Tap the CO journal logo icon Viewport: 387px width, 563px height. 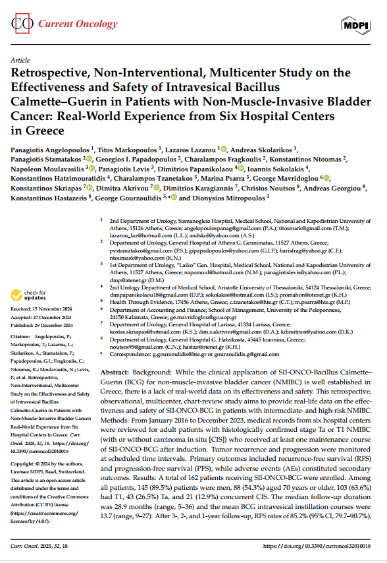pyautogui.click(x=24, y=24)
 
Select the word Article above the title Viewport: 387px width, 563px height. pyautogui.click(x=20, y=59)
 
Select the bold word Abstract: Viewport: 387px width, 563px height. pyautogui.click(x=117, y=372)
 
